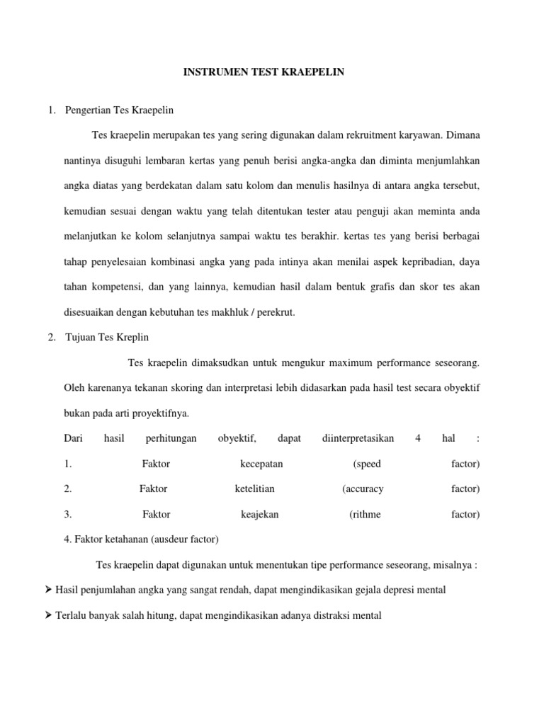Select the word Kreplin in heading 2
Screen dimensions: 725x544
131,337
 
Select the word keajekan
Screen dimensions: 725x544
260,514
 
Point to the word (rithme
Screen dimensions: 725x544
365,514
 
